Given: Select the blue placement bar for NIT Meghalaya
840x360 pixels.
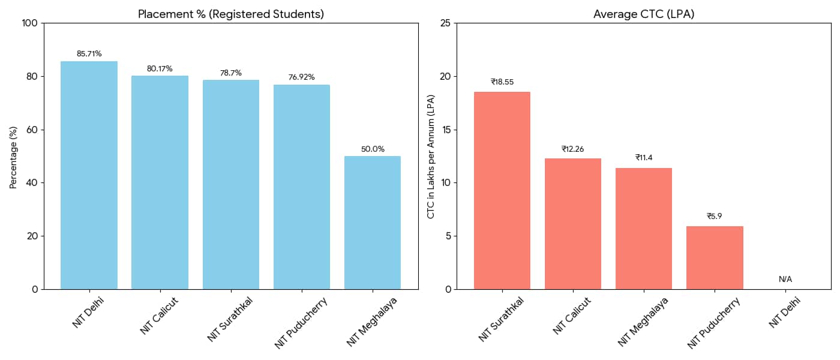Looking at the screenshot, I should (372, 223).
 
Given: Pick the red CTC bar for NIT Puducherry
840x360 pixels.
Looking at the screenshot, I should (715, 257).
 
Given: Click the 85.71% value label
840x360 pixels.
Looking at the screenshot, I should (89, 54).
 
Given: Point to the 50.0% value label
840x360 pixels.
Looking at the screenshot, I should (373, 149).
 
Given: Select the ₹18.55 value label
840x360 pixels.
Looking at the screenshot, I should (502, 82).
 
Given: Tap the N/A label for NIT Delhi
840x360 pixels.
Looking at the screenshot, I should (785, 279).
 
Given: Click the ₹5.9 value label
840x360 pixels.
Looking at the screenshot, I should (715, 216).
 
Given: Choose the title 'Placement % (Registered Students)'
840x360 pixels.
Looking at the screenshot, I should (231, 14).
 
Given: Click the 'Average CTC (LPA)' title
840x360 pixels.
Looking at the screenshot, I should (644, 14).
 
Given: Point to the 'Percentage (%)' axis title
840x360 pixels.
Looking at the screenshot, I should (13, 156).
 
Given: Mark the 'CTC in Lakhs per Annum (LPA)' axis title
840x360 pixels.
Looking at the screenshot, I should (431, 156).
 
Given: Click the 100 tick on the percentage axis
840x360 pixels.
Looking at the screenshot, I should (30, 23).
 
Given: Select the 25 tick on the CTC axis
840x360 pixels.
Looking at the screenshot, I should (445, 23).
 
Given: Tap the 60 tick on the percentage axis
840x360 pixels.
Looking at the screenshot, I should (32, 130).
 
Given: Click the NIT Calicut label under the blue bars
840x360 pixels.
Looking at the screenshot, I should (159, 316).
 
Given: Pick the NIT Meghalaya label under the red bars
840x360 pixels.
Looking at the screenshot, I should (643, 322).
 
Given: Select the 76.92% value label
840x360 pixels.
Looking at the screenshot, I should (301, 77).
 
